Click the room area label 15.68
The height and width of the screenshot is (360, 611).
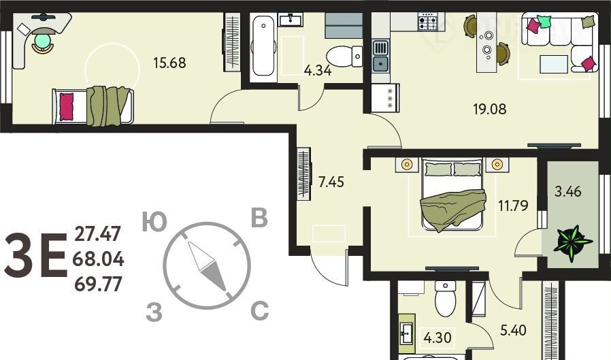point(169,63)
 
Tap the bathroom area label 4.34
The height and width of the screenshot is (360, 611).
point(318,71)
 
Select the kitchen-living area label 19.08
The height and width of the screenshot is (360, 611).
point(490,109)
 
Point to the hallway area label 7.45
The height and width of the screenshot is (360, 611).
point(331,182)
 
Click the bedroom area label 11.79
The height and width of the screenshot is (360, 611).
point(513,206)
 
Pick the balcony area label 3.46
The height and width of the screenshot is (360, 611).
point(567,192)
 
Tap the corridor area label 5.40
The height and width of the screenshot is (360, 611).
point(513,330)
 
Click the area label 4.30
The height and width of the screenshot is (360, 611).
point(437,338)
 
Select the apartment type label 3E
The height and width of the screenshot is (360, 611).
point(35,255)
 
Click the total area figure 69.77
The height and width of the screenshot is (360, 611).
point(98,284)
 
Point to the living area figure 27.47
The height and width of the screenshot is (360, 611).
point(97,234)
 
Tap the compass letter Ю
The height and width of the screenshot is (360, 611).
point(154,223)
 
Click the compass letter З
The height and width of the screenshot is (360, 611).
point(154,312)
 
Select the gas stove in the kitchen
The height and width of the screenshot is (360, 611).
point(428,21)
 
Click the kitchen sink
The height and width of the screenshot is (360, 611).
point(381,56)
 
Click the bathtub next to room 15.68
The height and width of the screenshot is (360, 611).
point(263,46)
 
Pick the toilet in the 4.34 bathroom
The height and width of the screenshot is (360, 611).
point(344,56)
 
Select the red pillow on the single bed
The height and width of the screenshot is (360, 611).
point(66,106)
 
